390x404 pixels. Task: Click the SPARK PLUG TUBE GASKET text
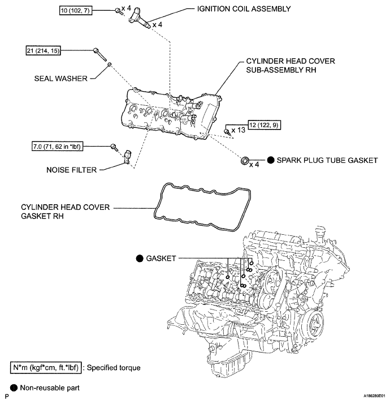pos(327,161)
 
